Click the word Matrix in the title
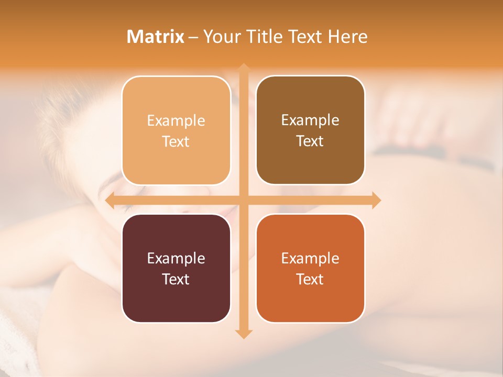(x=156, y=37)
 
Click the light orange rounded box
(x=176, y=130)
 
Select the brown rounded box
(x=310, y=130)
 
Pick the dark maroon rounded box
(x=176, y=268)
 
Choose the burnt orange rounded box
(x=310, y=268)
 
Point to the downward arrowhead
(x=243, y=334)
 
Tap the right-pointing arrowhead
(x=376, y=200)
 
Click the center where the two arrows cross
(x=243, y=200)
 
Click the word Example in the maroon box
(x=176, y=258)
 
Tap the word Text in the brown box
(x=310, y=141)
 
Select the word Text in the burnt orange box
(x=310, y=279)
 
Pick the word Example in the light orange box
(x=176, y=120)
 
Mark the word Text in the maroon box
(x=176, y=279)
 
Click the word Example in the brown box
(x=310, y=120)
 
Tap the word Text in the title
(x=305, y=37)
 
